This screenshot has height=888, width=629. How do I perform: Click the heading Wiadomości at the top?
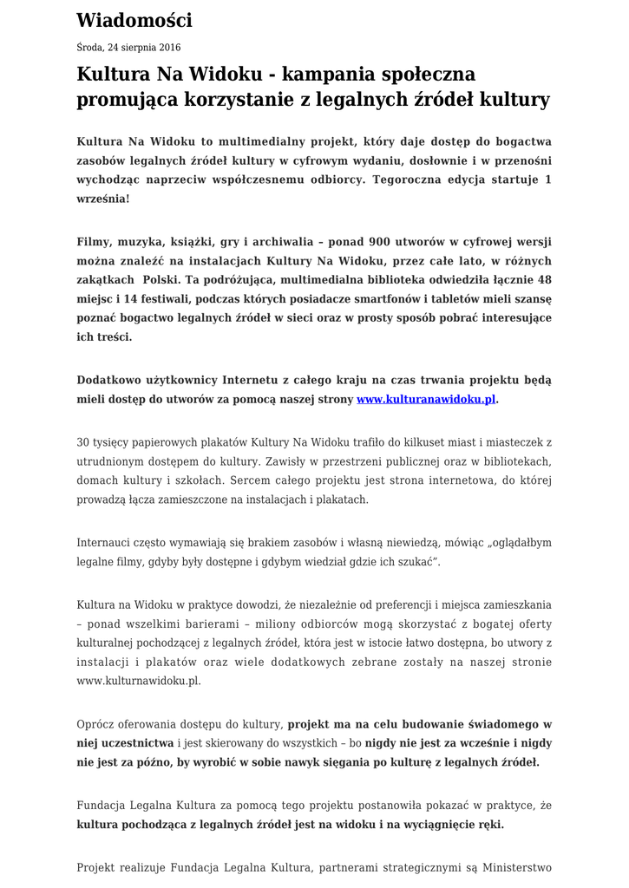click(134, 20)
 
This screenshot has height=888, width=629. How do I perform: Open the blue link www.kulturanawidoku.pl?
click(427, 400)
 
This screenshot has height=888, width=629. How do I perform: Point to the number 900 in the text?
click(386, 241)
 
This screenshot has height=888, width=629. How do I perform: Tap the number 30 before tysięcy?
click(83, 442)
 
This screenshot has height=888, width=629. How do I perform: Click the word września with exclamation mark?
click(102, 199)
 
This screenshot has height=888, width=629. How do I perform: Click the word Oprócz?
click(96, 723)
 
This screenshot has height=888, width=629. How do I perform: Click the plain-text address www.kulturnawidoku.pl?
click(139, 681)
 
